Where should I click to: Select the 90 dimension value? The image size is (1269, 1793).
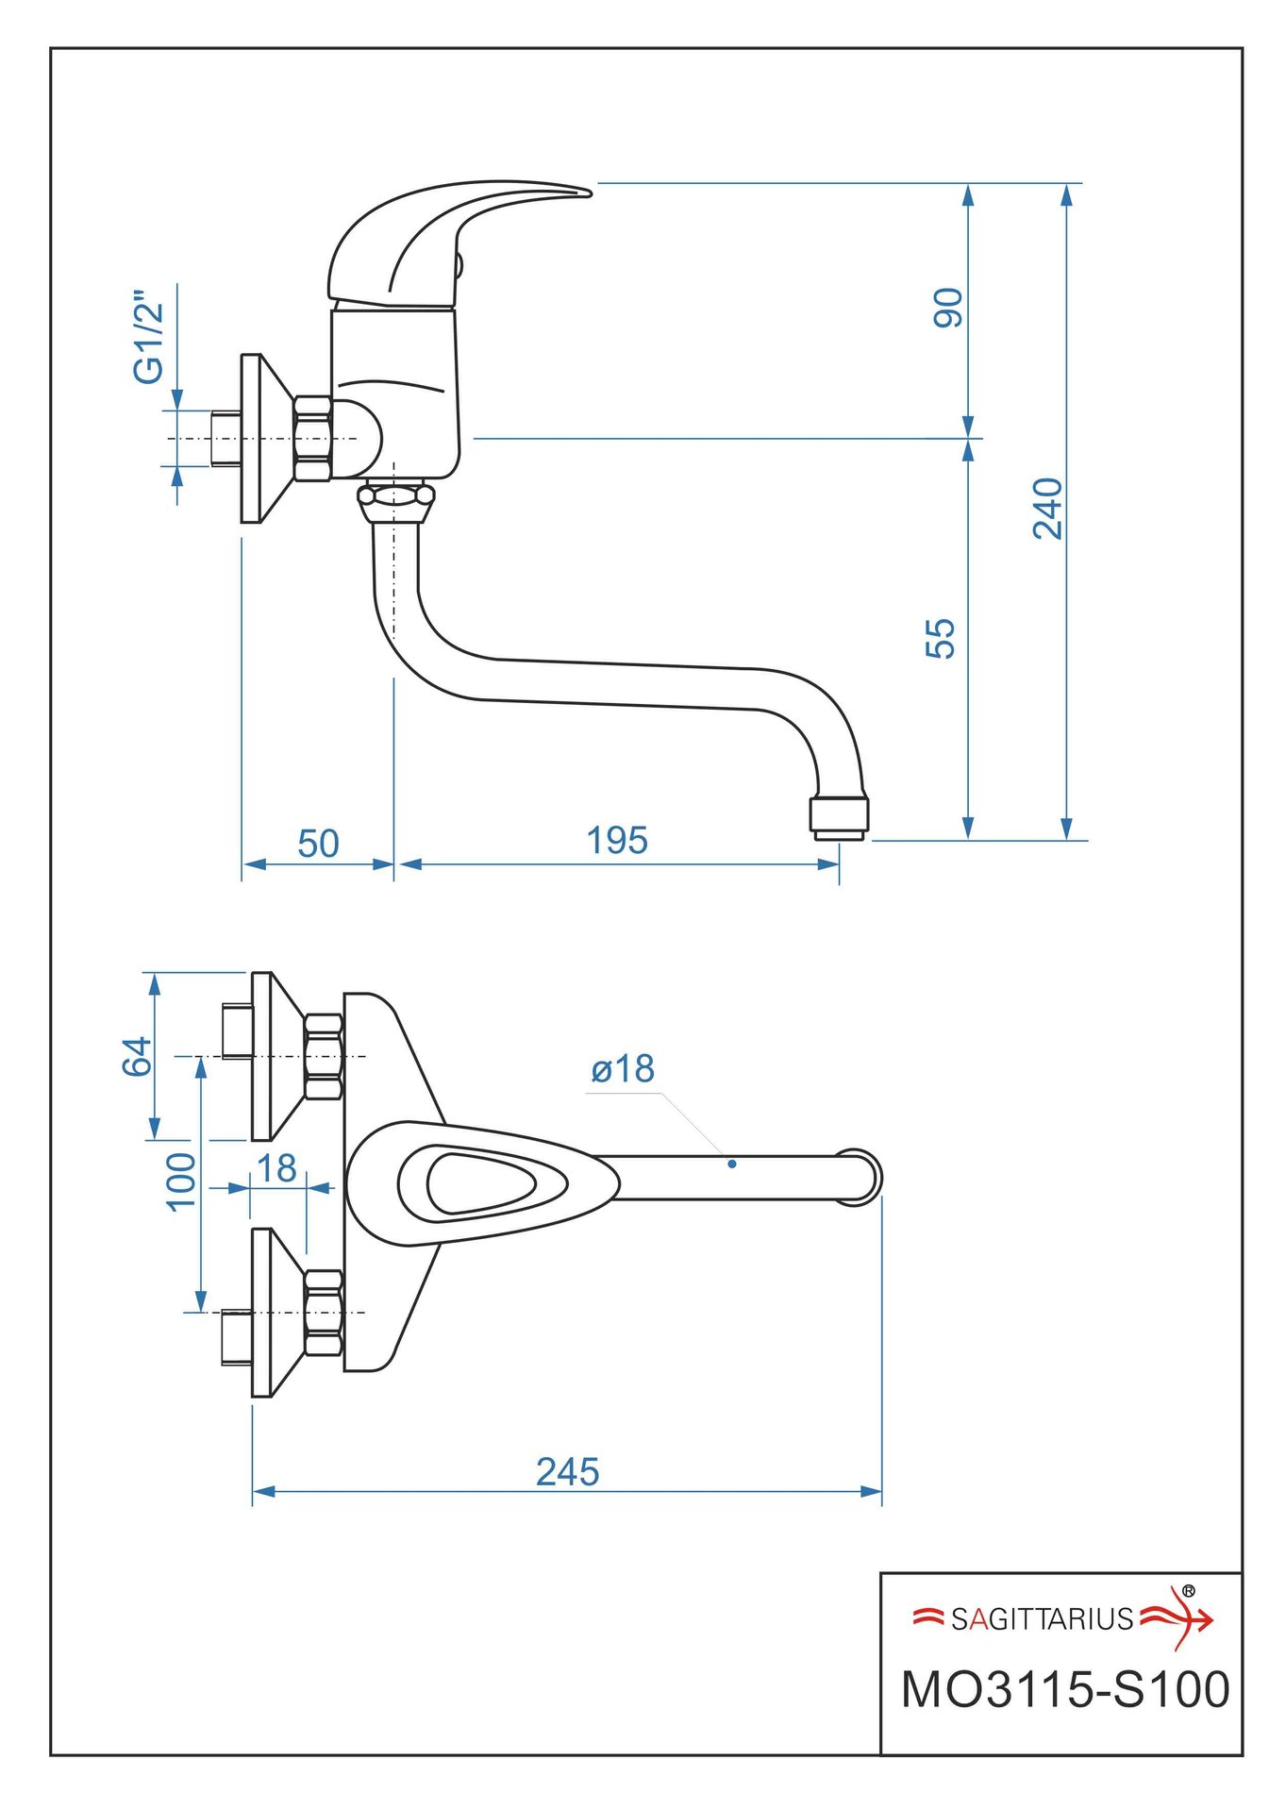click(x=947, y=308)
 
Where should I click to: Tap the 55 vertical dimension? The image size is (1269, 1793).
click(x=941, y=638)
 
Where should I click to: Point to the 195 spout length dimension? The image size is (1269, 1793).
click(x=617, y=840)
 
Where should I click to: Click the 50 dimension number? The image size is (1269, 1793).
click(x=318, y=844)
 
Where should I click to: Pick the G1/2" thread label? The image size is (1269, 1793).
click(x=149, y=336)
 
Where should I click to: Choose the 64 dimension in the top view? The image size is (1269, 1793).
click(x=137, y=1056)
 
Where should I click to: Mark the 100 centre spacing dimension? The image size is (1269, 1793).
click(x=180, y=1181)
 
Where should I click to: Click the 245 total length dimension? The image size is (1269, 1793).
click(x=567, y=1471)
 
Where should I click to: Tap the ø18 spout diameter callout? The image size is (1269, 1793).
click(x=623, y=1069)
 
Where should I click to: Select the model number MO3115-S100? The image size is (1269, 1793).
click(x=1065, y=1688)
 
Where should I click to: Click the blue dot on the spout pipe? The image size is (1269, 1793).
click(x=731, y=1164)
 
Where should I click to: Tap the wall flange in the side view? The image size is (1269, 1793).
click(x=252, y=439)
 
